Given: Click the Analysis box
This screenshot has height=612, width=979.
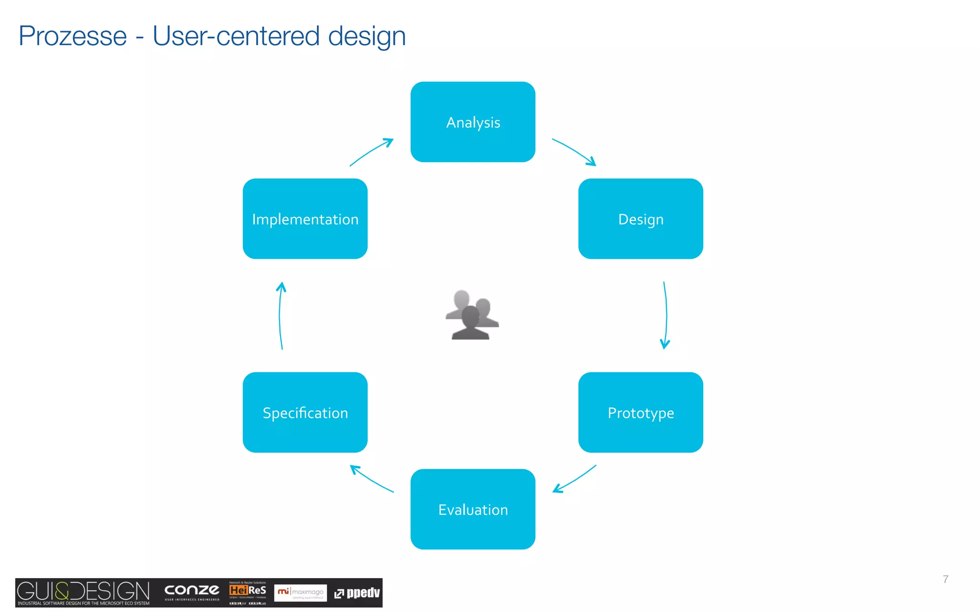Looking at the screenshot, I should (473, 122).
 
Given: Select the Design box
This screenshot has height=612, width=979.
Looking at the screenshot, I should (641, 219).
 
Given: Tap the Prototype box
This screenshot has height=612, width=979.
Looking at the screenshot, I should (641, 412).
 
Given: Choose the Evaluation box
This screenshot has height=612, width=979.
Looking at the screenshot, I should (473, 509).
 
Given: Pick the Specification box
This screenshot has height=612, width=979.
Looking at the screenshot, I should (305, 412).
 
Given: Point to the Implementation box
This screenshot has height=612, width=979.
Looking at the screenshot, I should (305, 219).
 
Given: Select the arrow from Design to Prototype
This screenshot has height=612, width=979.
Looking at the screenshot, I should (666, 316).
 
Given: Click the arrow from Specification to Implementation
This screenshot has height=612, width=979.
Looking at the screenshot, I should (280, 316).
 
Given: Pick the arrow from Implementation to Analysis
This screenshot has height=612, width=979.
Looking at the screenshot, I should (371, 152).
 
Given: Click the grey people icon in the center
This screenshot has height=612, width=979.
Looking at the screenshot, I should (472, 315).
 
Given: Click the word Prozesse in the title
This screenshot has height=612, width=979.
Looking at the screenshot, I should (73, 36).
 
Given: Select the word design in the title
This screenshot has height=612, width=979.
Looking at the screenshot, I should (367, 37).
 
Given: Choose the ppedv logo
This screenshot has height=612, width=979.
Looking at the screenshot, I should (357, 593).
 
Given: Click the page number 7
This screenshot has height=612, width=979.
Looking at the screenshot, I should (945, 579).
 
